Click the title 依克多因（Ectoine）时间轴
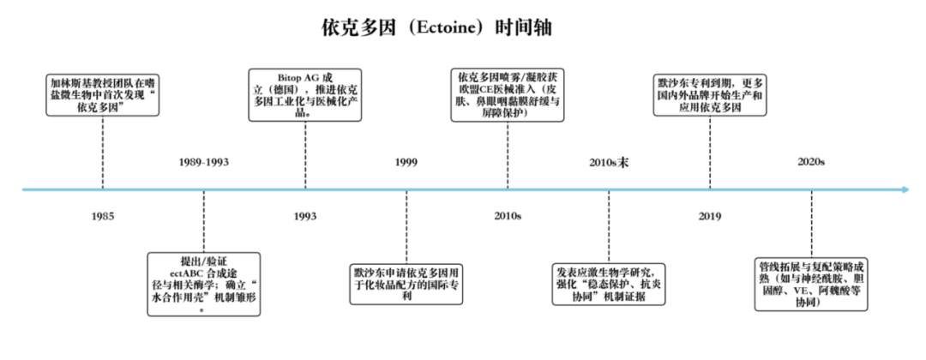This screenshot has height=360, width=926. pyautogui.click(x=436, y=27)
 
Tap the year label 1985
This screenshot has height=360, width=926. pyautogui.click(x=103, y=217)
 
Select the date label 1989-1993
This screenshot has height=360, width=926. pyautogui.click(x=203, y=162)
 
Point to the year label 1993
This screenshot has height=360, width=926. pyautogui.click(x=304, y=217)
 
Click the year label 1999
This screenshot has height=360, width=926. pyautogui.click(x=406, y=162)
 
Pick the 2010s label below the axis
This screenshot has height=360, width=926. pyautogui.click(x=508, y=217)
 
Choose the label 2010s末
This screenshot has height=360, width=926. pyautogui.click(x=609, y=162)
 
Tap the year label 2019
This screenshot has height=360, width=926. pyautogui.click(x=709, y=217)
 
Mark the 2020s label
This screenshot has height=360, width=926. pyautogui.click(x=811, y=162)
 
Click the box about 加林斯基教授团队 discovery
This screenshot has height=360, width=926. pyautogui.click(x=103, y=94)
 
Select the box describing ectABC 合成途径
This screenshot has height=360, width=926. pyautogui.click(x=204, y=283)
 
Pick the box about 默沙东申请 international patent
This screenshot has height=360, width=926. pyautogui.click(x=406, y=284)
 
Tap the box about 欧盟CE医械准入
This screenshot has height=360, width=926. pyautogui.click(x=508, y=95)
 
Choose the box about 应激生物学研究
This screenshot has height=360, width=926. pyautogui.click(x=609, y=284)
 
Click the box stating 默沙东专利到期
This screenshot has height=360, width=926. pyautogui.click(x=710, y=94)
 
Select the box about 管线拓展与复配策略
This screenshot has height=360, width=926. pyautogui.click(x=811, y=284)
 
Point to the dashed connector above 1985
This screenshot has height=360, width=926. pyautogui.click(x=103, y=153)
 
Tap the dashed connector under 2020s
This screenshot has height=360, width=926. pyautogui.click(x=811, y=224)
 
